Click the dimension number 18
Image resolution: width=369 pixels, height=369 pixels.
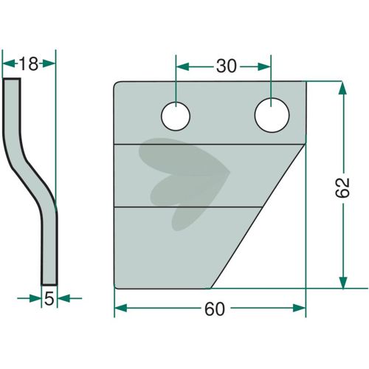pyautogui.click(x=29, y=64)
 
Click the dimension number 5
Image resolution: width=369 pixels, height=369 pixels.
pyautogui.click(x=49, y=299)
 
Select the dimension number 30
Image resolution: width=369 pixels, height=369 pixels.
pyautogui.click(x=227, y=66)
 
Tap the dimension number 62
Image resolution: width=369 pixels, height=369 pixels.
pyautogui.click(x=342, y=187)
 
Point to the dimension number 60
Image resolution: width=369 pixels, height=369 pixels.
pyautogui.click(x=215, y=309)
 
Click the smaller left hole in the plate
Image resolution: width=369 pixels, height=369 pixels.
pyautogui.click(x=176, y=116)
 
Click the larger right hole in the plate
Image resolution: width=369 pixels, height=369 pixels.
pyautogui.click(x=272, y=115)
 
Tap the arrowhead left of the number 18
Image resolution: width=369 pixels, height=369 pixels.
pyautogui.click(x=9, y=64)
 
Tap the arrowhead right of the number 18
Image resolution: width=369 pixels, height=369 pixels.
pyautogui.click(x=49, y=63)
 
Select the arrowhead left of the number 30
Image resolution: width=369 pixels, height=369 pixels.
pyautogui.click(x=183, y=66)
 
